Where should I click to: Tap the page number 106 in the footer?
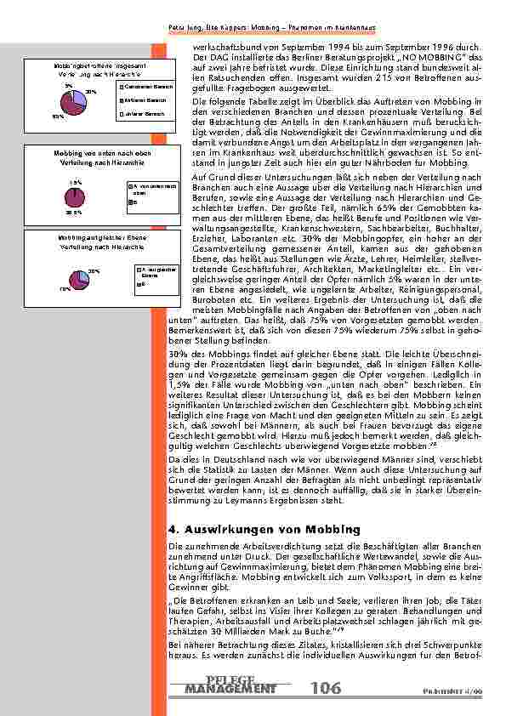point(327,687)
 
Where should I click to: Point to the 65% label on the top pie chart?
point(57,116)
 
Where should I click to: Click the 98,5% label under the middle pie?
point(74,214)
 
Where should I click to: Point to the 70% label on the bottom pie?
point(65,290)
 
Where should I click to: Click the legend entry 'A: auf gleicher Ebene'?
point(150,272)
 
